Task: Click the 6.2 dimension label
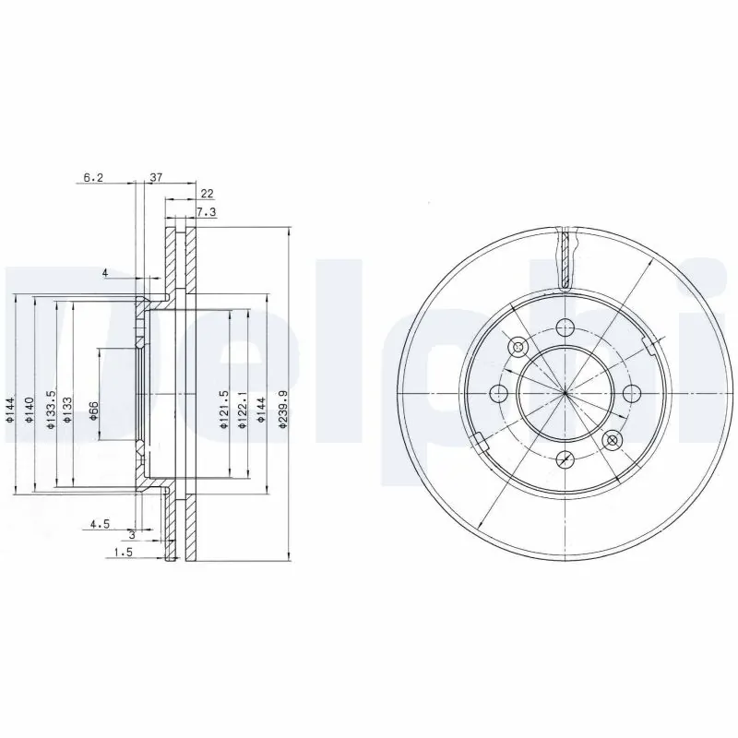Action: [x=95, y=177]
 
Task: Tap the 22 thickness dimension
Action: [x=208, y=194]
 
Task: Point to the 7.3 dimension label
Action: [x=208, y=211]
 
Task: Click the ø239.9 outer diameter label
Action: [x=285, y=408]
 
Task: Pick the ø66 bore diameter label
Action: [x=94, y=411]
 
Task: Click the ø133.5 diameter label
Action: [x=52, y=406]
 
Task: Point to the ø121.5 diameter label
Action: [x=223, y=408]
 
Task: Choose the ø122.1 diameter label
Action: [x=243, y=408]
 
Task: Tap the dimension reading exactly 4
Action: [x=105, y=272]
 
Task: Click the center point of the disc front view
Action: [x=565, y=394]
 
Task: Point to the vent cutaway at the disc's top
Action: [x=565, y=258]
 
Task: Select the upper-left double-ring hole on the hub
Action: [x=518, y=347]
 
